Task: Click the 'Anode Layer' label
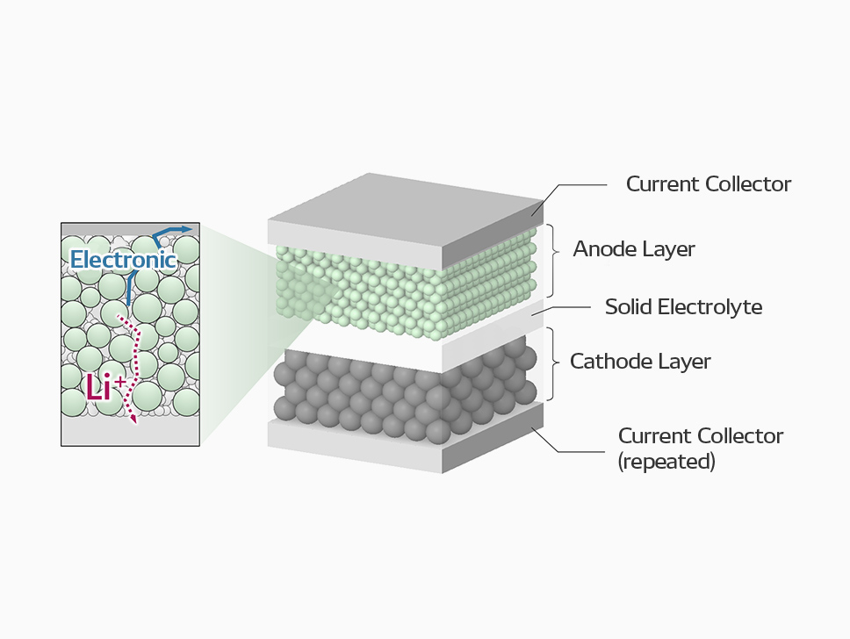pyautogui.click(x=634, y=249)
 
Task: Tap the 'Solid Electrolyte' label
pyautogui.click(x=683, y=307)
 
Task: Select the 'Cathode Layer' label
pyautogui.click(x=640, y=361)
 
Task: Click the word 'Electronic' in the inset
pyautogui.click(x=123, y=260)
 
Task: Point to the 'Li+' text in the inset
pyautogui.click(x=103, y=386)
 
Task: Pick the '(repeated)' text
pyautogui.click(x=666, y=461)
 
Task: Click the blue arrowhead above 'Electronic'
pyautogui.click(x=186, y=229)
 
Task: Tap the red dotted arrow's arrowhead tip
pyautogui.click(x=134, y=423)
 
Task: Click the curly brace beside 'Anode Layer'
pyautogui.click(x=554, y=250)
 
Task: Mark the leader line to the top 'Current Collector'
pyautogui.click(x=580, y=185)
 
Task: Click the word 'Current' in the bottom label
pyautogui.click(x=653, y=436)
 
